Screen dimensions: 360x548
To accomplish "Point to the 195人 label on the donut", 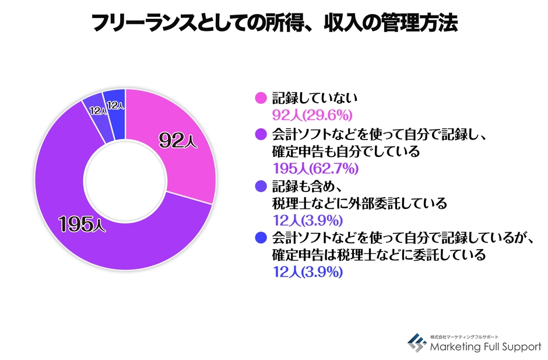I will click(x=82, y=223).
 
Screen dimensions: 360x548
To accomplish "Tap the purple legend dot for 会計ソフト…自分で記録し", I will click(x=261, y=134).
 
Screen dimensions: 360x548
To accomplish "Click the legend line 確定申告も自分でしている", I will click(x=346, y=152).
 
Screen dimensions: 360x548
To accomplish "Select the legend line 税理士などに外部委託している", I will click(x=360, y=204).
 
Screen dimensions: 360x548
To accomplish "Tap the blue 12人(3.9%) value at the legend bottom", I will click(x=307, y=272).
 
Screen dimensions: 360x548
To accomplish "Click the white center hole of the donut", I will click(x=125, y=181).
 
